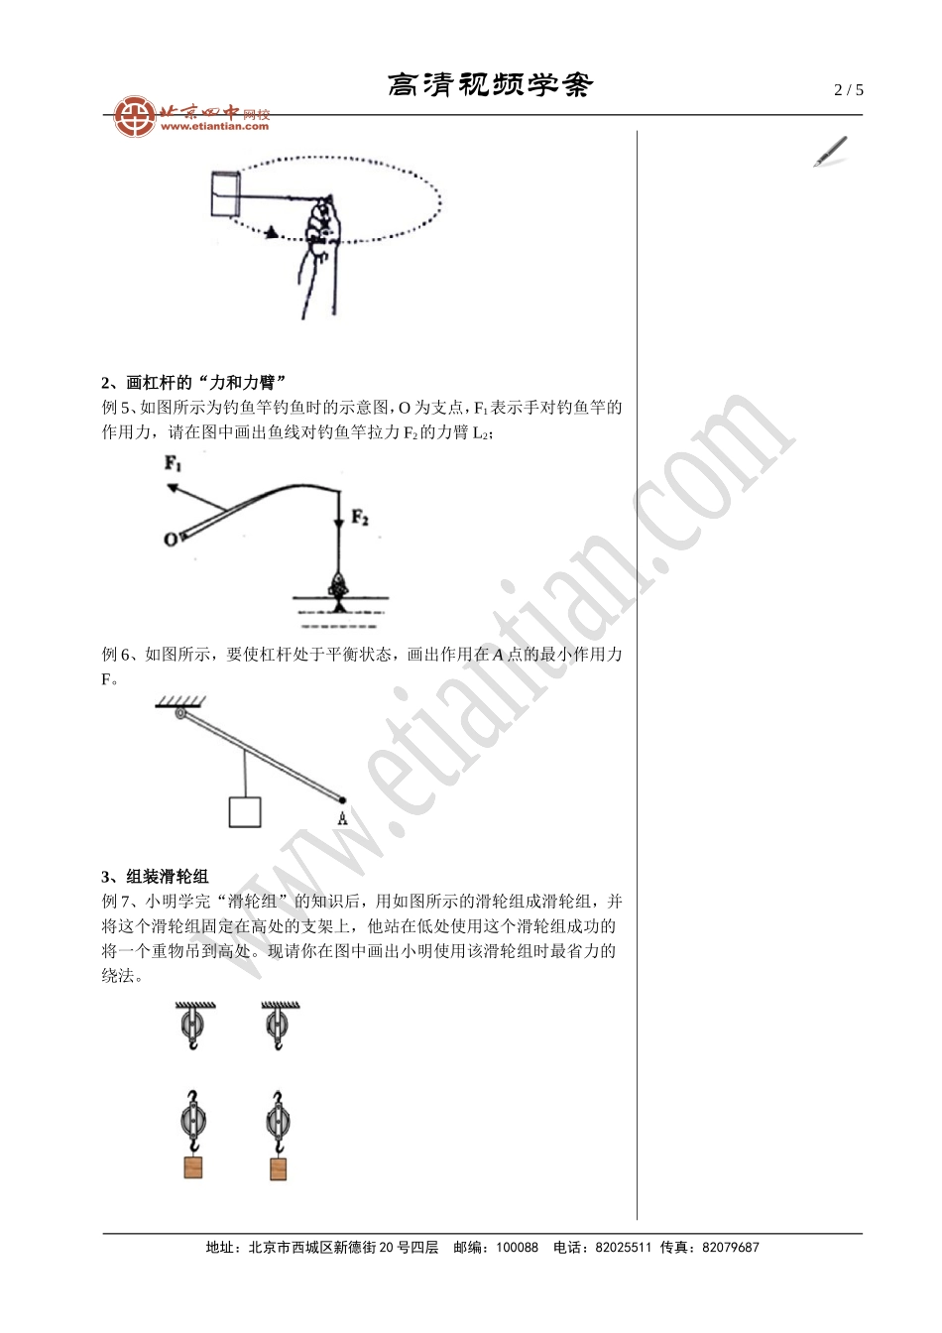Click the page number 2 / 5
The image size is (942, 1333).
tap(849, 90)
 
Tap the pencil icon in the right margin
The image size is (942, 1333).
tap(831, 152)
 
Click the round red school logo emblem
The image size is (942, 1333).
tap(133, 117)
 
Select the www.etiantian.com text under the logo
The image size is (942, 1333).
tap(214, 127)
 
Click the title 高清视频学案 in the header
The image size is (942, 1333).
tap(490, 85)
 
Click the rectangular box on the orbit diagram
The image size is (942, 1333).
tap(226, 193)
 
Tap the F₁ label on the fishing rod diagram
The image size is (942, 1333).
tap(174, 463)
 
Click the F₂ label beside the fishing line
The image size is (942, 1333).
tap(360, 518)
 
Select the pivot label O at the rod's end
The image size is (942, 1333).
tap(170, 540)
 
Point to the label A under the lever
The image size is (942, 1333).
tap(342, 819)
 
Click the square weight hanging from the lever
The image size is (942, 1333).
tap(245, 811)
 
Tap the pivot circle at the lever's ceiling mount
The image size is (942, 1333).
tap(180, 713)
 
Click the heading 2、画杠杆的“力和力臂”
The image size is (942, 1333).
tap(194, 383)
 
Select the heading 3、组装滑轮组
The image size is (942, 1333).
tap(156, 877)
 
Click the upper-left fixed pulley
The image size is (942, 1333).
tap(193, 1025)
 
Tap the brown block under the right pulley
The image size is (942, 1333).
tap(279, 1167)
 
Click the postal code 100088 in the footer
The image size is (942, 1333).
tap(517, 1248)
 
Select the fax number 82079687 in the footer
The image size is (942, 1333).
tap(730, 1248)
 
